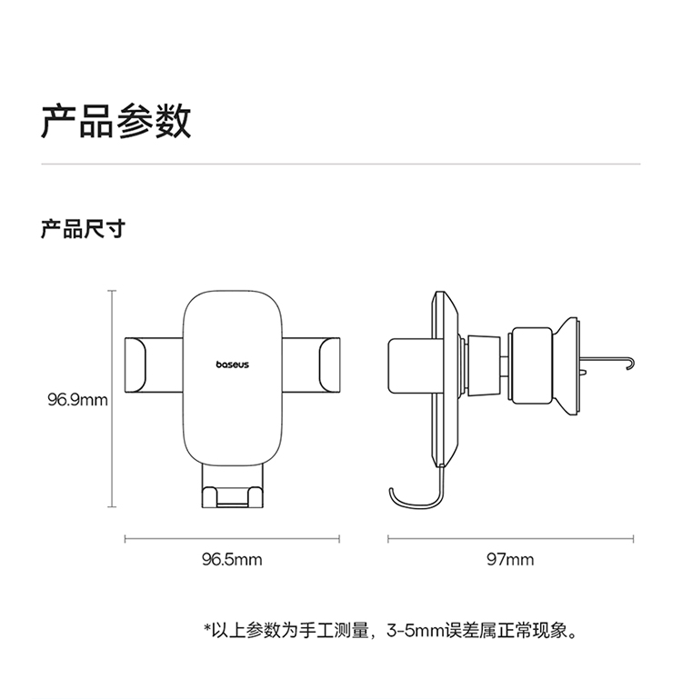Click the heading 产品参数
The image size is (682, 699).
point(116,121)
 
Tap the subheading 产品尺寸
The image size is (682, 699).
point(83,229)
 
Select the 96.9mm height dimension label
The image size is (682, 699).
point(77,399)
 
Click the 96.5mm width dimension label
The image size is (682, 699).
point(232,559)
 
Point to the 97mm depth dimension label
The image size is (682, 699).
point(510,559)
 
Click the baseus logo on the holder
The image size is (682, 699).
point(233,364)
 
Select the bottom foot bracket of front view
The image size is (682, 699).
point(232,486)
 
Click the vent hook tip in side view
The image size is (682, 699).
point(630,365)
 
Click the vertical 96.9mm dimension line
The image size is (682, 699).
point(112,398)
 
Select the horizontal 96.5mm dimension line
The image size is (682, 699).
point(232,539)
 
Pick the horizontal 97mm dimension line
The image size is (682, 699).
point(510,539)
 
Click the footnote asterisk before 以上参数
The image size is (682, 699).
point(207,628)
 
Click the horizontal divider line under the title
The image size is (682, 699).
point(341,164)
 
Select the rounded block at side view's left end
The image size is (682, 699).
point(410,366)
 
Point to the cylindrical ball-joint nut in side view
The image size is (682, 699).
point(532,365)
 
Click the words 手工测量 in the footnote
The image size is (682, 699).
point(334,631)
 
